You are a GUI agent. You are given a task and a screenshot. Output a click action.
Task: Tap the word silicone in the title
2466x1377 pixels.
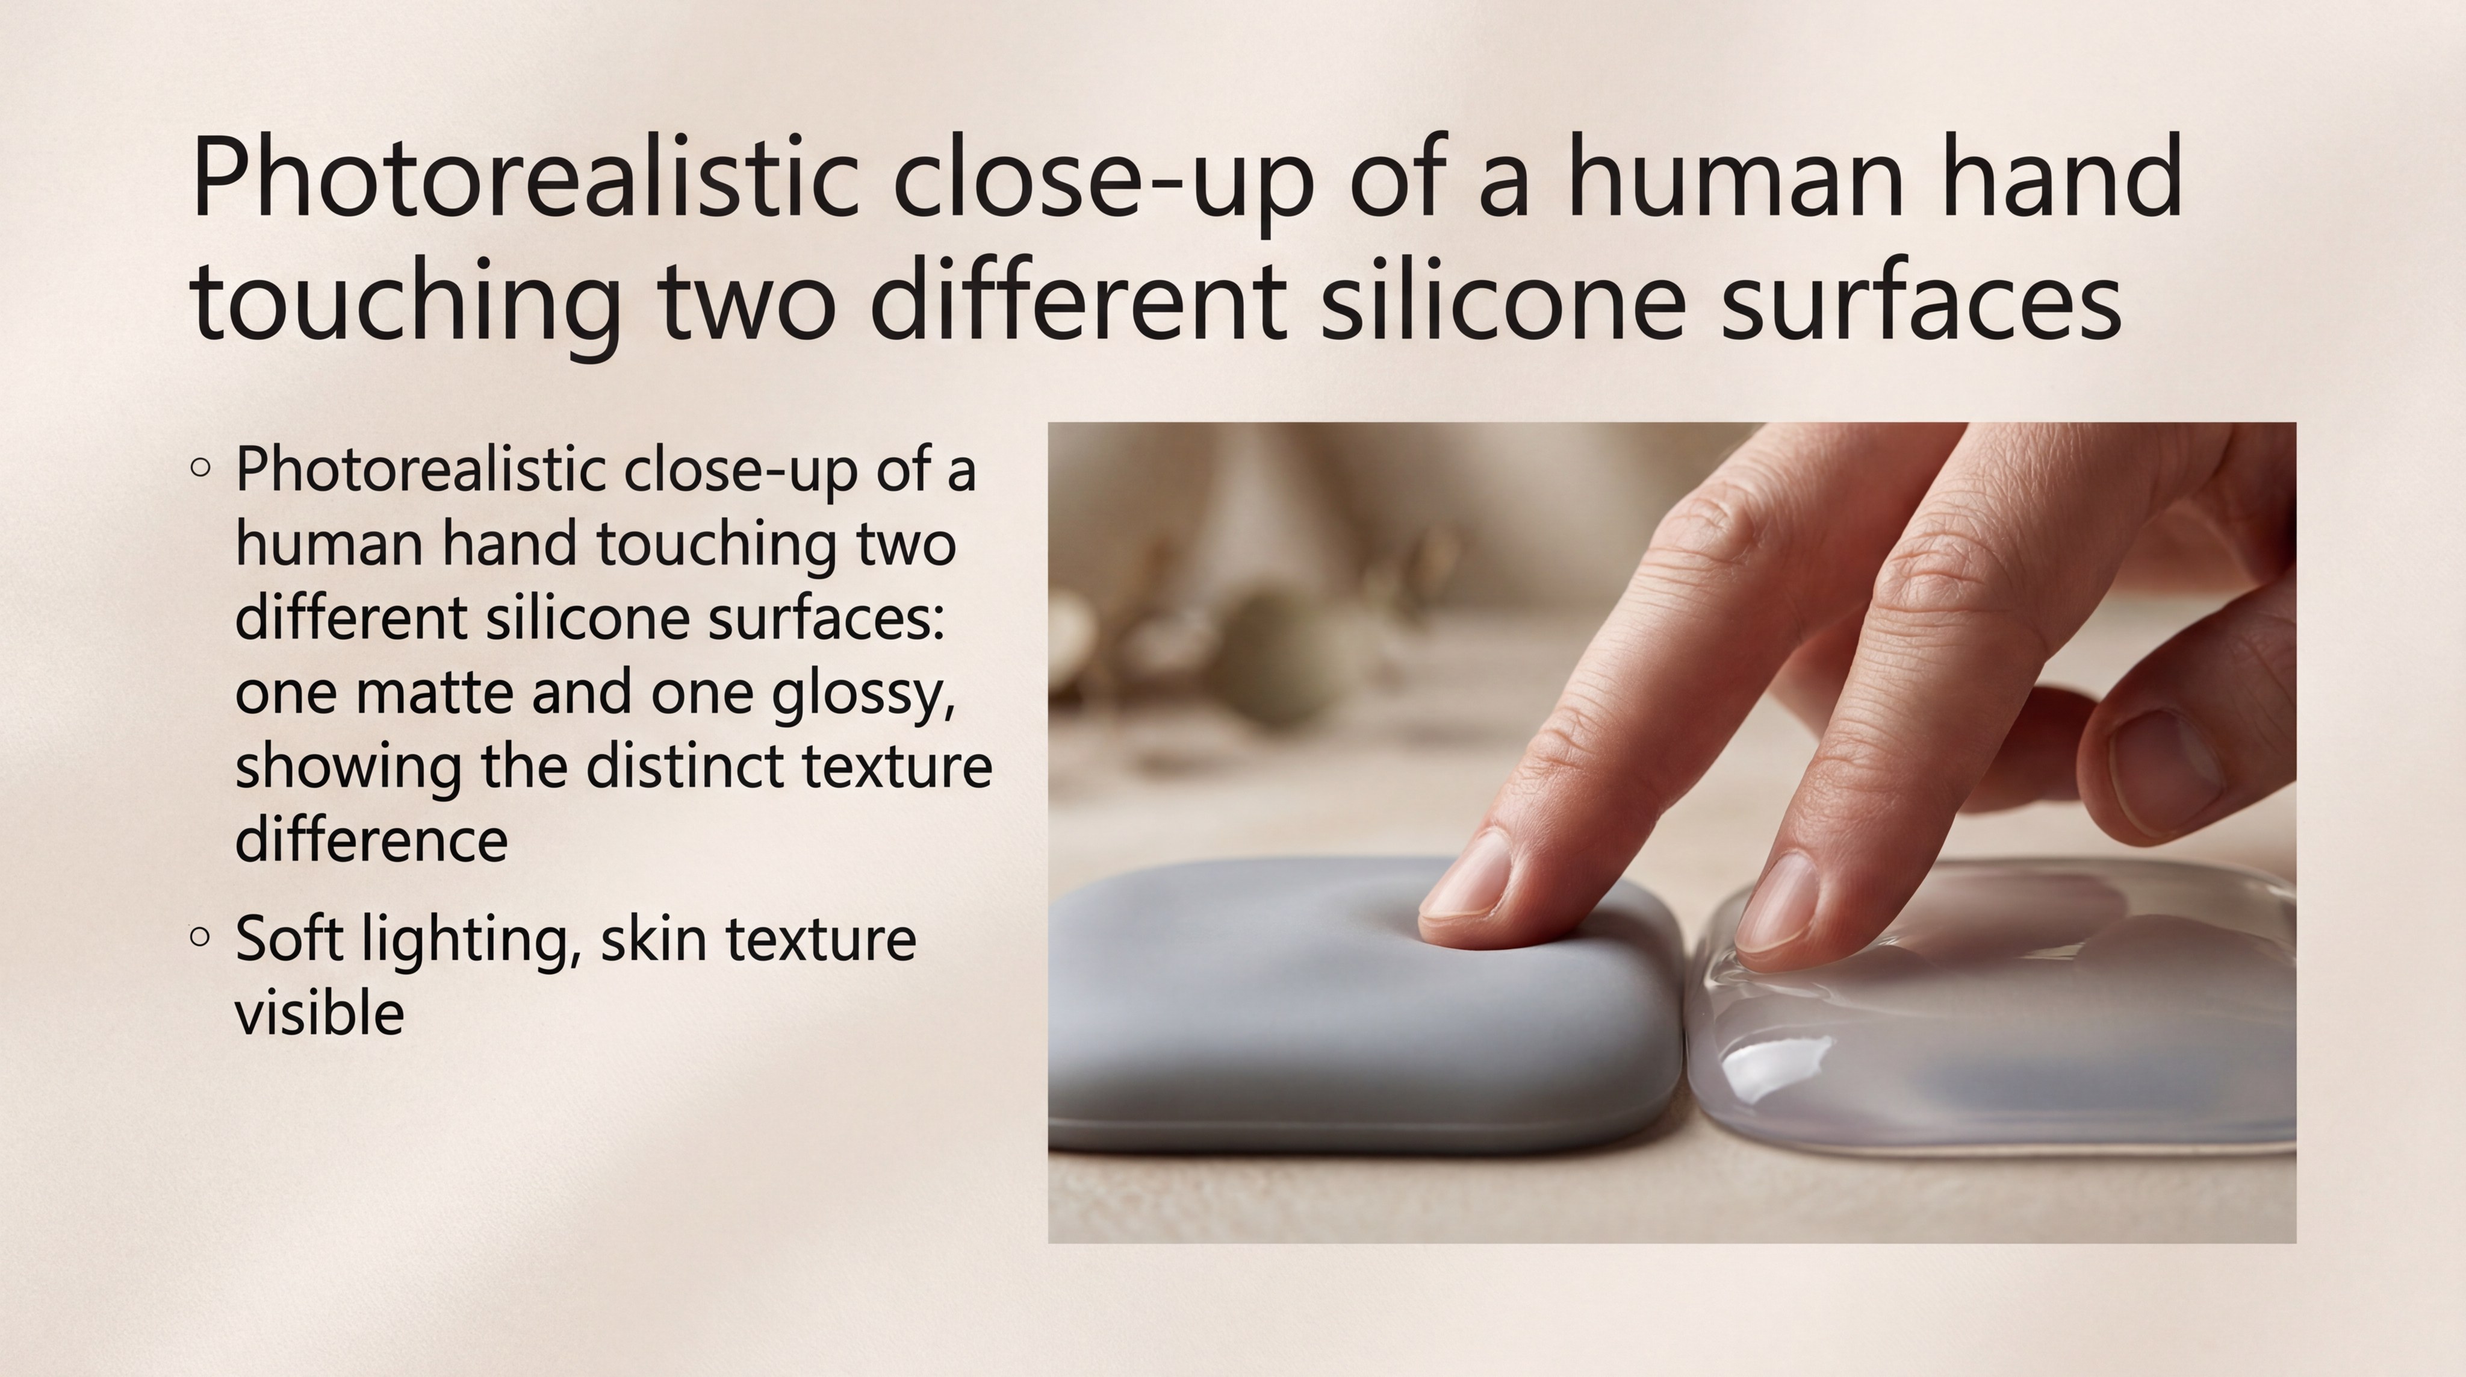point(1503,301)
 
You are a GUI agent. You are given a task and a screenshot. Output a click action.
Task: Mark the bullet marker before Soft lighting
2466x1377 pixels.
point(200,937)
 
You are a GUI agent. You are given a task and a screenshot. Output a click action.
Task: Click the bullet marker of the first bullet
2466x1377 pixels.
point(200,467)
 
